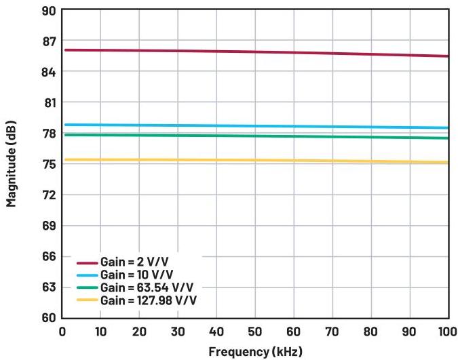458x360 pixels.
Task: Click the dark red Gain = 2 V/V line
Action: [255, 52]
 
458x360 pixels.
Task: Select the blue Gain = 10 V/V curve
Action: [255, 126]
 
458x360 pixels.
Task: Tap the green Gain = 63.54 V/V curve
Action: [255, 136]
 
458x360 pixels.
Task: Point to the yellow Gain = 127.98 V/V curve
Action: [255, 161]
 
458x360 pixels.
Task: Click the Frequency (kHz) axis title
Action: [255, 352]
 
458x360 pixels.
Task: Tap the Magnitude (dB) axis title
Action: [12, 165]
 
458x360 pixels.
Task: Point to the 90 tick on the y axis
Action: [48, 11]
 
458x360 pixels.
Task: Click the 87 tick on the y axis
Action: [48, 41]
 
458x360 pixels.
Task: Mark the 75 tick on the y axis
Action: [48, 164]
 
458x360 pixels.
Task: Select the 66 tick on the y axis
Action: [48, 256]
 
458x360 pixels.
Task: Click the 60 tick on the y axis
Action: [48, 317]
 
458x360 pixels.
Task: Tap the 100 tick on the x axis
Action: [446, 332]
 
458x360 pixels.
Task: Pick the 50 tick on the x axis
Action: [255, 332]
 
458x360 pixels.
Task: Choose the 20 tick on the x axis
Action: [139, 332]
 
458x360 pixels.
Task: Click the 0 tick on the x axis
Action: [62, 332]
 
